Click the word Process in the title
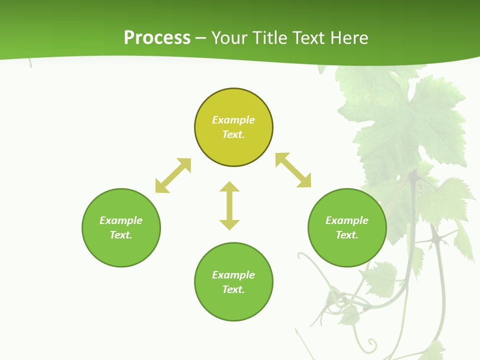(157, 38)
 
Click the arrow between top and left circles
(173, 175)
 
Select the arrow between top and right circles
(293, 170)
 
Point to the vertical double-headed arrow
(229, 205)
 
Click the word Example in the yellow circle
(233, 120)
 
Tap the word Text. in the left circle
(121, 235)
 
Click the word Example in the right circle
(347, 220)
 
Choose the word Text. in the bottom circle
(233, 289)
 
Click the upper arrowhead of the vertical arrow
(229, 187)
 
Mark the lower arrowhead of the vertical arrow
(229, 224)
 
